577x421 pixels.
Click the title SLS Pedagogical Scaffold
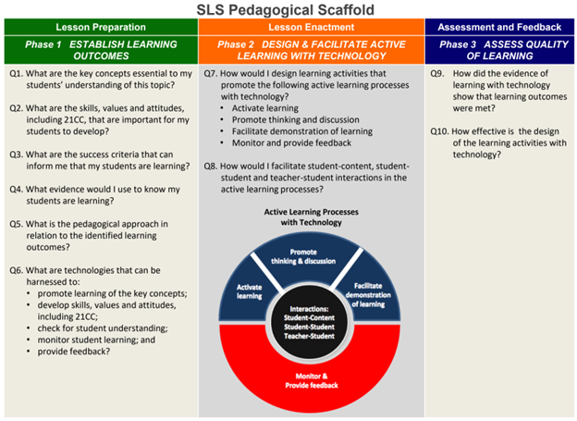point(285,9)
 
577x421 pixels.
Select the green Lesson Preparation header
point(101,27)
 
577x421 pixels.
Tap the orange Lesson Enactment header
point(312,27)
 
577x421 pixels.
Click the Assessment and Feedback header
point(499,27)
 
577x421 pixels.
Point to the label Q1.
point(17,74)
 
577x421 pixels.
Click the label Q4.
point(17,190)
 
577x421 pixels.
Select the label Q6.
point(17,270)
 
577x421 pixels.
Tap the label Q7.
point(211,74)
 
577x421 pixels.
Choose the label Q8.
point(211,167)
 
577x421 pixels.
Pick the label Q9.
point(437,74)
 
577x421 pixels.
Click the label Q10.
point(439,131)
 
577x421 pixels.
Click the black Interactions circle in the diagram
point(308,322)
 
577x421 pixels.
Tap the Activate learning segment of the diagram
point(249,292)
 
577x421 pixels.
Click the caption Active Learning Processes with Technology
point(312,217)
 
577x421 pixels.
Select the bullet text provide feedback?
point(74,352)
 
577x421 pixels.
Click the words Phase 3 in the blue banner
point(458,44)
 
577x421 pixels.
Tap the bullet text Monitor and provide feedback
point(291,142)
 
